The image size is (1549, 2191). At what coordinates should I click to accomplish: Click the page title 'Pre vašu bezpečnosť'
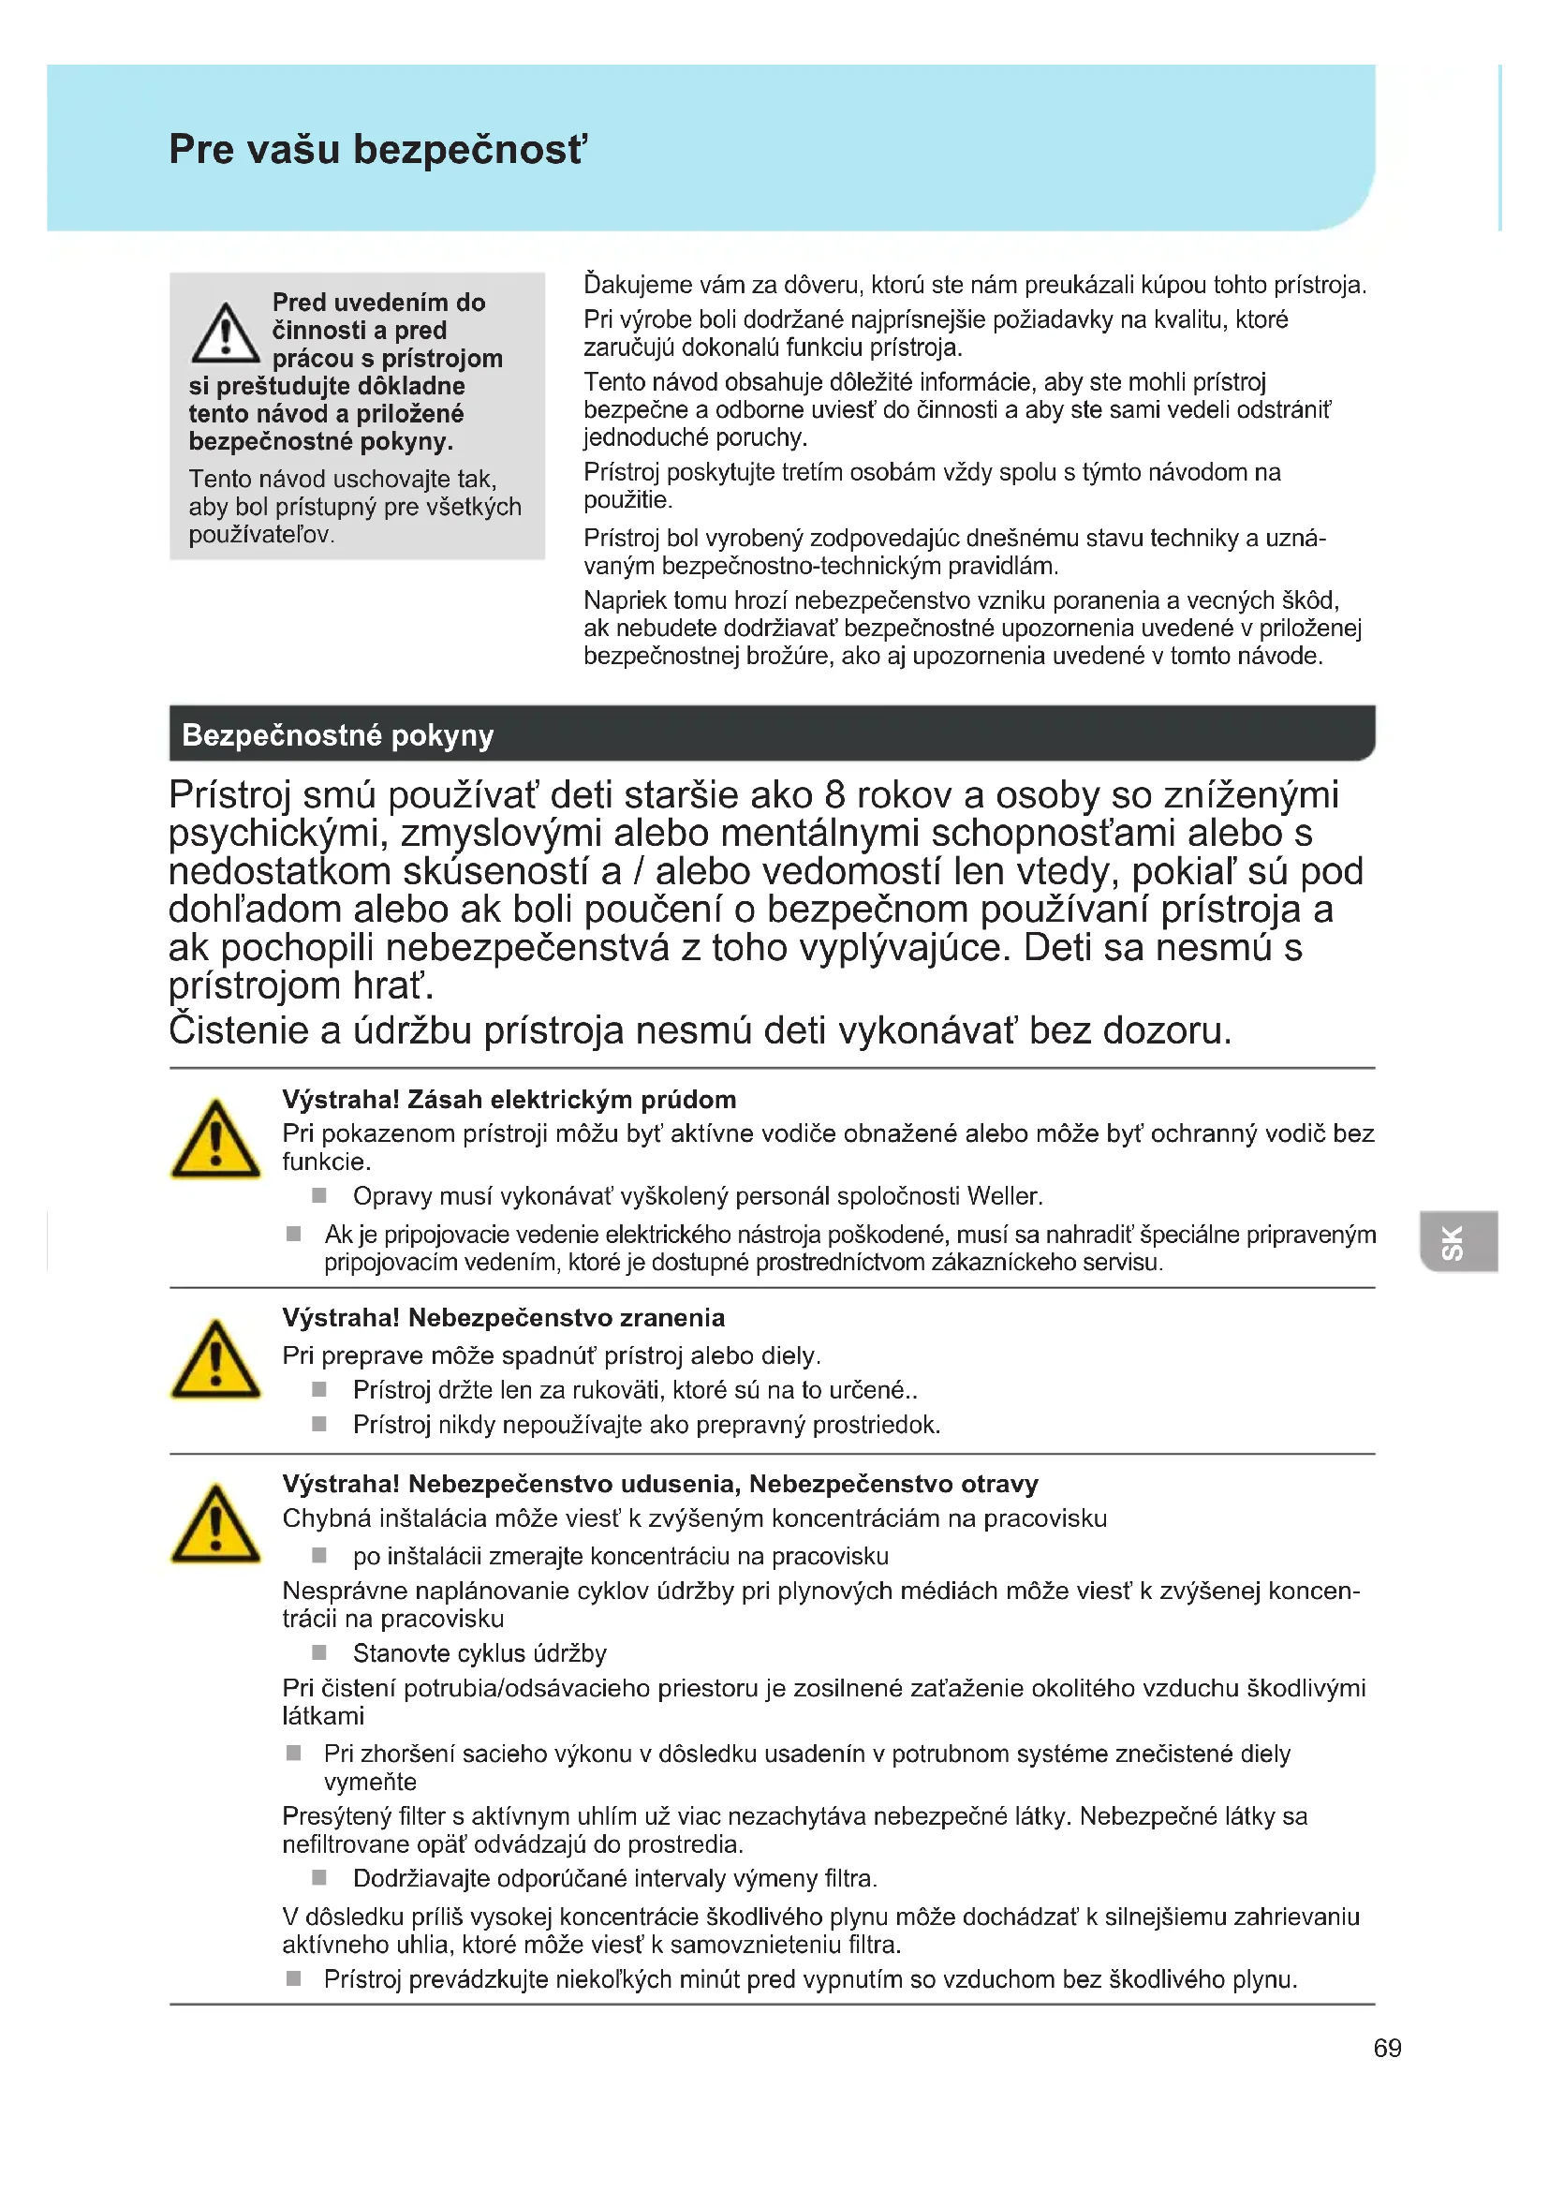[377, 150]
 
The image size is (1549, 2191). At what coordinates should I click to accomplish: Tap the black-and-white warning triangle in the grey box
[225, 335]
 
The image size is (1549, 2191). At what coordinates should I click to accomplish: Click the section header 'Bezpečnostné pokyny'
[338, 734]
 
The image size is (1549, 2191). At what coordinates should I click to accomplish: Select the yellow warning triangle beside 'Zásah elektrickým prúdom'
[215, 1141]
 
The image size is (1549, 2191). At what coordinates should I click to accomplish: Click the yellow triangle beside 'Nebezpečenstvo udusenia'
[215, 1526]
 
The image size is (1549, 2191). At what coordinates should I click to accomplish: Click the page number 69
[1387, 2048]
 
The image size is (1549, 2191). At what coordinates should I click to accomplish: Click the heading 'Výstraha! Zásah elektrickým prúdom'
[509, 1100]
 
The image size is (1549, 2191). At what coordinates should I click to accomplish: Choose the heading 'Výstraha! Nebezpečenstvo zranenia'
[503, 1318]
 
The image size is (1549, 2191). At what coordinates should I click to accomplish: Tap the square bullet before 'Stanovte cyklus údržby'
[319, 1651]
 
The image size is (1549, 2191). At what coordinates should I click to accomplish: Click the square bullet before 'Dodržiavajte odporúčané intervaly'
[319, 1877]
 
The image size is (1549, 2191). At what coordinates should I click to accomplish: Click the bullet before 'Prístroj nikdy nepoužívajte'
[319, 1424]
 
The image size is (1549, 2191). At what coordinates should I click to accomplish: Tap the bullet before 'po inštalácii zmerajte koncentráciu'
[319, 1556]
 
